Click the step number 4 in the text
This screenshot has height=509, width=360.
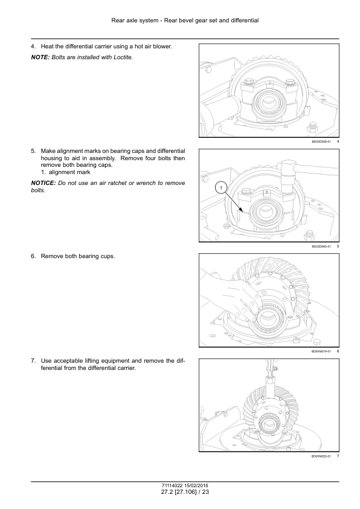[33, 47]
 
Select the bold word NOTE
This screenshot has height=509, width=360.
[40, 57]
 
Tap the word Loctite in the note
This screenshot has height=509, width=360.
[123, 57]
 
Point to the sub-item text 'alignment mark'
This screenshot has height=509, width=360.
[69, 172]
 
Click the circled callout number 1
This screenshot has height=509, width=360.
[221, 188]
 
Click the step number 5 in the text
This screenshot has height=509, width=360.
[33, 151]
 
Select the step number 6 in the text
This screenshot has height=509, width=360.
[33, 256]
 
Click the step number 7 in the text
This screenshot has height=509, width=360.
[33, 361]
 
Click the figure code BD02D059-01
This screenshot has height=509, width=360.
[321, 141]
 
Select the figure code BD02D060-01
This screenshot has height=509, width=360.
[321, 247]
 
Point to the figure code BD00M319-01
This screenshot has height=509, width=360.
[321, 351]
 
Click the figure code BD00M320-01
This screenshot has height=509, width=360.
[321, 456]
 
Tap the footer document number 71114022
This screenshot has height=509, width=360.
[172, 486]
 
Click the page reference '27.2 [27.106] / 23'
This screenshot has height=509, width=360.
[185, 492]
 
